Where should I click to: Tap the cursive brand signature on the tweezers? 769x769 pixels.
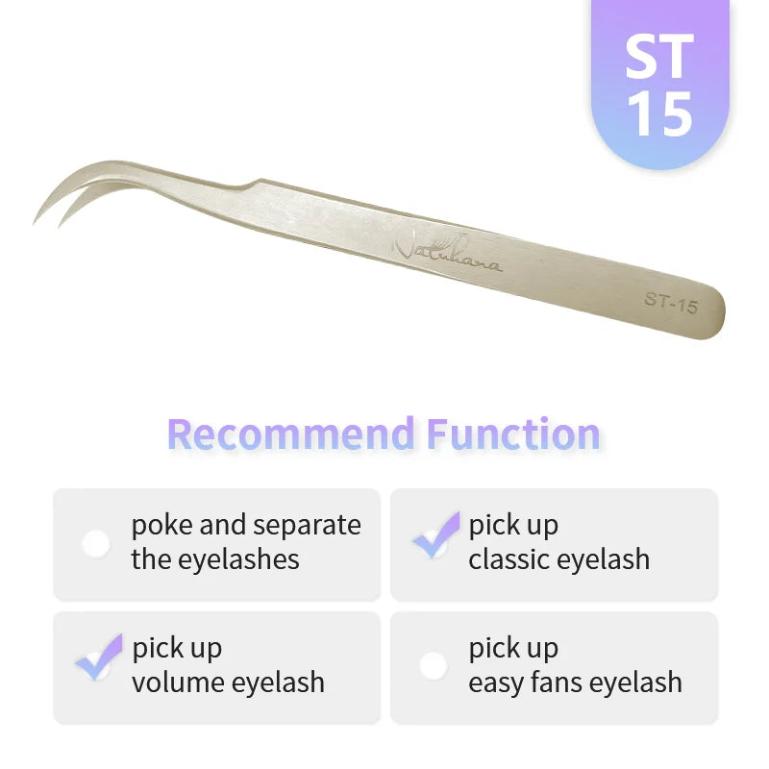click(447, 253)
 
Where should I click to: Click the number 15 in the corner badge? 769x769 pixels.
click(659, 114)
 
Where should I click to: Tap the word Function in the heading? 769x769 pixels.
click(513, 434)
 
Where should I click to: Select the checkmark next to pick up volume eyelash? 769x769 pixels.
click(98, 657)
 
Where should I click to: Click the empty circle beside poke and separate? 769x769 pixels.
click(96, 543)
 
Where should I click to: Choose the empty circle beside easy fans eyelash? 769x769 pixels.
click(434, 665)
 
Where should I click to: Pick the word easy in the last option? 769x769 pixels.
click(499, 682)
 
